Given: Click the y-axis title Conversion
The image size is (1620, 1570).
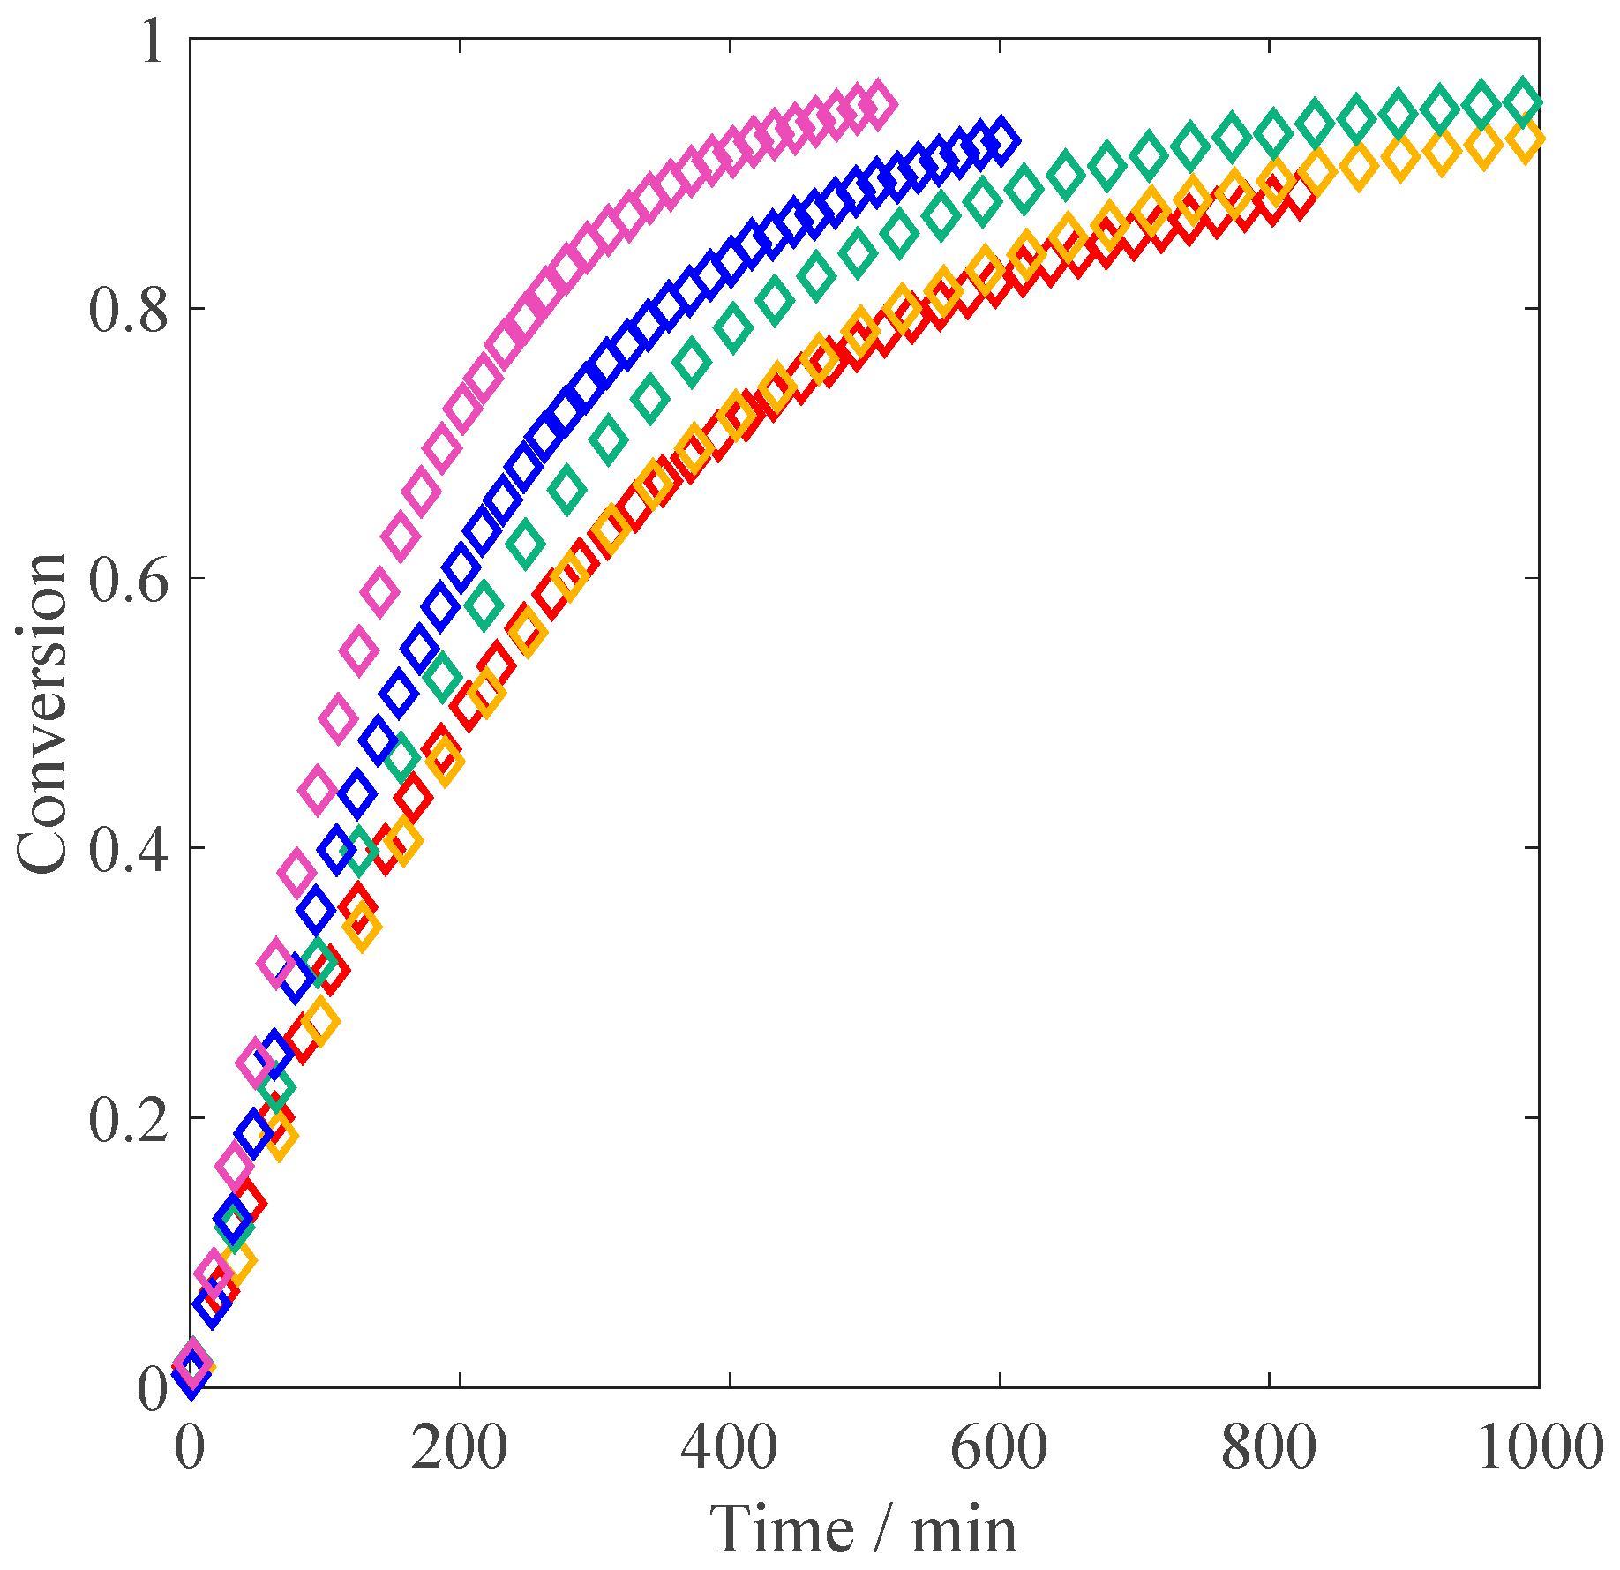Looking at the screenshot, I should pos(41,713).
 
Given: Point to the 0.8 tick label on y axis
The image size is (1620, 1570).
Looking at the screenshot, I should pos(129,310).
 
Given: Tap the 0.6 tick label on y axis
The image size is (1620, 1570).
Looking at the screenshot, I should pos(129,579).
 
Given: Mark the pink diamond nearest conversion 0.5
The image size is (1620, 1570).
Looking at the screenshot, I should pos(338,716).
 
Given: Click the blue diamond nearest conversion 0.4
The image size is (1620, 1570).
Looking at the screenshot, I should pos(336,851).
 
